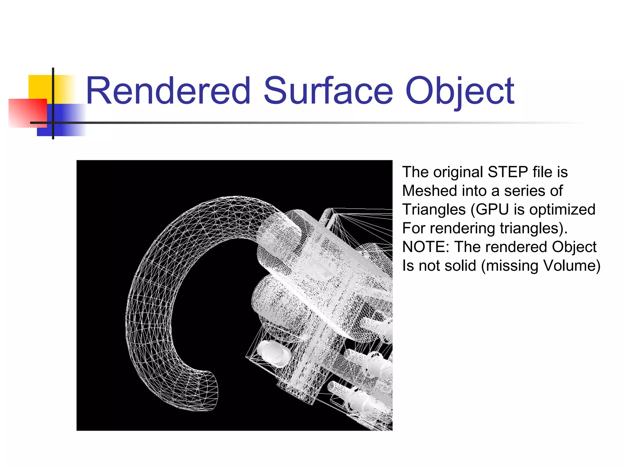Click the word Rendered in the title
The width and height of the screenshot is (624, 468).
click(x=168, y=91)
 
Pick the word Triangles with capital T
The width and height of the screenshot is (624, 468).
click(x=434, y=210)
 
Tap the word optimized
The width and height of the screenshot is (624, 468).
click(x=562, y=210)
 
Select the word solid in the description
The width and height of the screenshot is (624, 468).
click(x=460, y=265)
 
